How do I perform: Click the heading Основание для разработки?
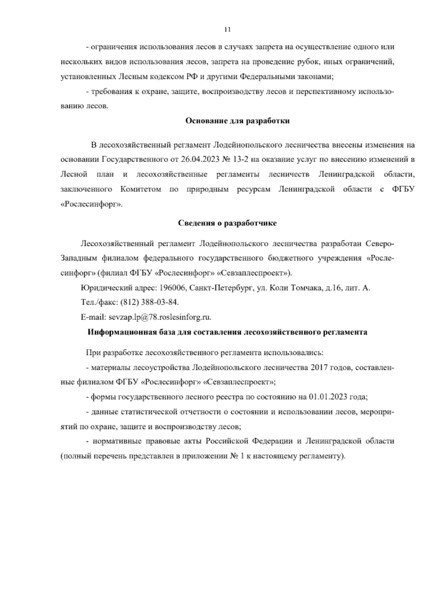[238, 121]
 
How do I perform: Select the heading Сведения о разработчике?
[227, 223]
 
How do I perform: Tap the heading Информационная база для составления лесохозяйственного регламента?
[227, 332]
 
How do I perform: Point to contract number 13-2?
[240, 159]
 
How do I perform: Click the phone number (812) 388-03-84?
[150, 303]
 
